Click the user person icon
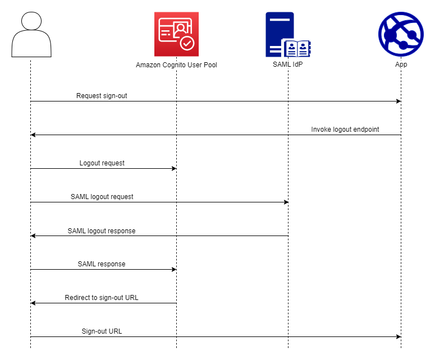tap(31, 35)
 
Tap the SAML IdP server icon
tap(288, 35)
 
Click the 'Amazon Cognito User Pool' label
tap(176, 65)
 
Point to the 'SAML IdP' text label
tap(288, 64)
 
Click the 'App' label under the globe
tap(401, 64)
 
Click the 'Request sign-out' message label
tap(102, 96)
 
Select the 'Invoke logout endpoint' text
tap(345, 130)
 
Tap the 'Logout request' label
tap(102, 163)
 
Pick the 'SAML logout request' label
tap(102, 197)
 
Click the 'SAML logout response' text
tap(102, 230)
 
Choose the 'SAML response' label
tap(102, 264)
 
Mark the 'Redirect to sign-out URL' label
tap(102, 298)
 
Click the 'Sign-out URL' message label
tap(102, 331)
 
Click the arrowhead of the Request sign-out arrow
tap(398, 101)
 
